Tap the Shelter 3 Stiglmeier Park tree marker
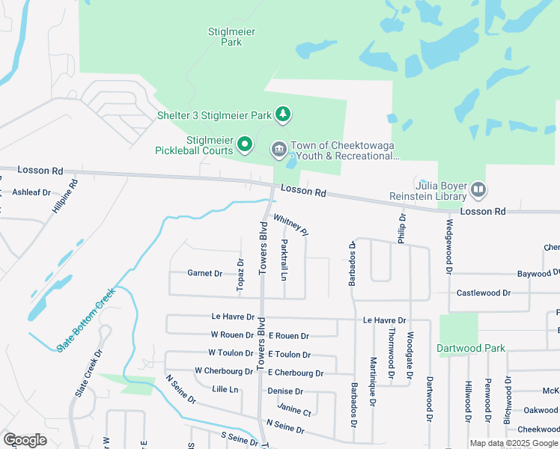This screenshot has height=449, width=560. pyautogui.click(x=283, y=114)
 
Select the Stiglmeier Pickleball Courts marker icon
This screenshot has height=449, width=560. pyautogui.click(x=244, y=144)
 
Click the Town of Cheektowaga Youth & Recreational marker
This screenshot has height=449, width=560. pyautogui.click(x=279, y=150)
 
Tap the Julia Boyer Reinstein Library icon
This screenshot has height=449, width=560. pyautogui.click(x=478, y=190)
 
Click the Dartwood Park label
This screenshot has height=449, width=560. pyautogui.click(x=472, y=348)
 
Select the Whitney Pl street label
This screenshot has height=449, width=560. pyautogui.click(x=291, y=224)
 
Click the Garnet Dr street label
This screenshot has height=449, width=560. pyautogui.click(x=204, y=274)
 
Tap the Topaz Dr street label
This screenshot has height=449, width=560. pyautogui.click(x=240, y=275)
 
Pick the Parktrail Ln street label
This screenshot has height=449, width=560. pyautogui.click(x=284, y=260)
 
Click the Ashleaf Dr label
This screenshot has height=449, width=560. pyautogui.click(x=31, y=192)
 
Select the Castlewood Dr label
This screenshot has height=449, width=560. pyautogui.click(x=483, y=293)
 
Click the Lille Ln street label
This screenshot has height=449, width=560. pyautogui.click(x=225, y=389)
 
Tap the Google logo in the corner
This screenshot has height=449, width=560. pyautogui.click(x=25, y=440)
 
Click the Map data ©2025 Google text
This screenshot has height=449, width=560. pyautogui.click(x=514, y=443)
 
